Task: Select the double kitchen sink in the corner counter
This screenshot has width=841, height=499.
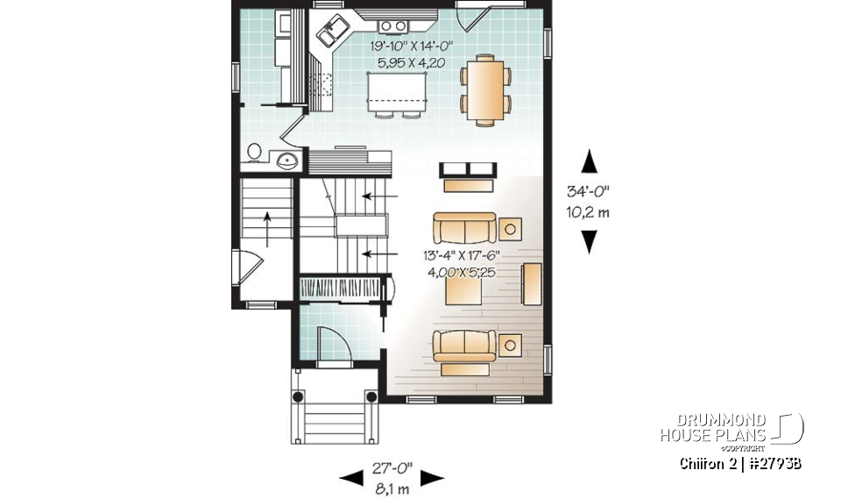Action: pyautogui.click(x=333, y=32)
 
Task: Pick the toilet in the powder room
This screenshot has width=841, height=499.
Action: pyautogui.click(x=254, y=153)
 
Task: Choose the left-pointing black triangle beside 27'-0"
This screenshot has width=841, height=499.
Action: pyautogui.click(x=350, y=477)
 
